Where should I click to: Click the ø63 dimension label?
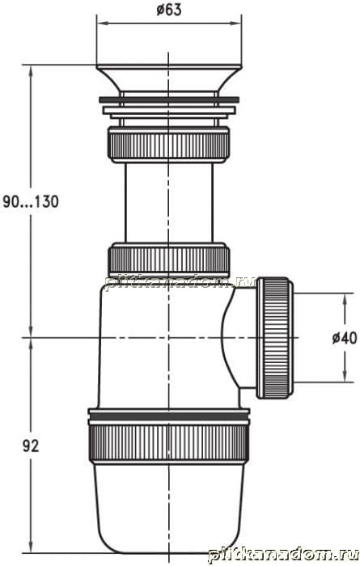pos(169,10)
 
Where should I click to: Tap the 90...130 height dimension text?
pos(31,201)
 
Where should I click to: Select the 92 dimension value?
pos(31,446)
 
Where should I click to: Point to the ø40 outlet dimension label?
pos(345,338)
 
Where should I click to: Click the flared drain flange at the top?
pos(168,78)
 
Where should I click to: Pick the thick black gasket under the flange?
pos(169,100)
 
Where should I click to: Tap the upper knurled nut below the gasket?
pos(168,145)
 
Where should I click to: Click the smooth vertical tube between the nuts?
pos(168,203)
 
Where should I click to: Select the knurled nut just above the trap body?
pos(168,260)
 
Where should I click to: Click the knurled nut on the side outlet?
pos(274,337)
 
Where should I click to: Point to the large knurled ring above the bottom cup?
pos(168,443)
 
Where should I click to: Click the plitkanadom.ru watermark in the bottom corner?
pos(284,554)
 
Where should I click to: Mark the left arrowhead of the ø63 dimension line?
pos(102,23)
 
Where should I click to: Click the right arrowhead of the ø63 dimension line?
pos(236,23)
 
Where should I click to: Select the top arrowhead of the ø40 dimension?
pos(345,299)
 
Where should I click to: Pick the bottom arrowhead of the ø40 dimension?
pos(345,376)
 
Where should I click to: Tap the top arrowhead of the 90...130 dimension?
pos(31,71)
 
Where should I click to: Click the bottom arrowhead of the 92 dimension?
pos(31,547)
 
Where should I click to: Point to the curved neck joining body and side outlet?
pos(234,337)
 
